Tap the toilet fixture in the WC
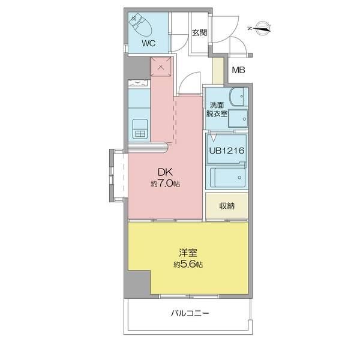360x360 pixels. click(142, 25)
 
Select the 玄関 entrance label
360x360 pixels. click(199, 34)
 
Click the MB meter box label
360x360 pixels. click(238, 71)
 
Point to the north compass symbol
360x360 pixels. click(262, 26)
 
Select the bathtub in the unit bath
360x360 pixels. click(228, 178)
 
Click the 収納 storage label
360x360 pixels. click(226, 206)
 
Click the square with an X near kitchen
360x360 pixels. click(161, 67)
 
